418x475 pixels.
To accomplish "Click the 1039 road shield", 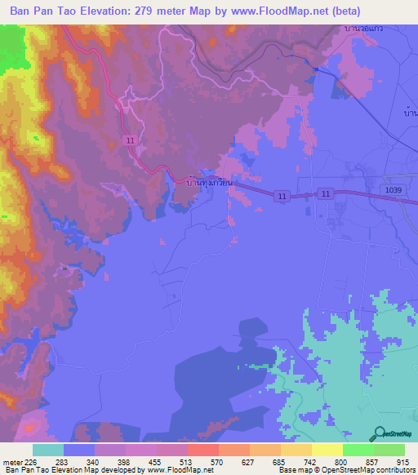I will click(395, 189).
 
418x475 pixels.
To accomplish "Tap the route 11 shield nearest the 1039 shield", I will click(326, 193).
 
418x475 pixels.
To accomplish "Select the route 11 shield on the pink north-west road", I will click(131, 140).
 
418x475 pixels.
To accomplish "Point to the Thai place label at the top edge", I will click(364, 29).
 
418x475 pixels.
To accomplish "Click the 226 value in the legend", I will click(32, 462).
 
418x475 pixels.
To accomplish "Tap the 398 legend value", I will click(125, 462).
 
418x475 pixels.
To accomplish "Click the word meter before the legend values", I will click(13, 462).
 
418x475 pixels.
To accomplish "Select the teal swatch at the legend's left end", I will click(48, 450).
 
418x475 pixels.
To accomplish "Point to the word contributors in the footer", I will click(394, 471).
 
